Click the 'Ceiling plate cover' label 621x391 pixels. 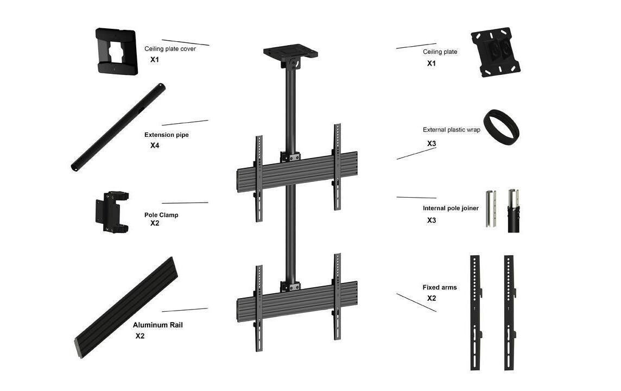click(x=170, y=49)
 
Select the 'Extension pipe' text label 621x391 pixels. click(x=166, y=135)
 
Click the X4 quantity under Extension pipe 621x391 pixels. click(x=155, y=146)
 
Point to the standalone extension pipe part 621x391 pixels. click(x=118, y=127)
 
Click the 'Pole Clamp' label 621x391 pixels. click(x=161, y=215)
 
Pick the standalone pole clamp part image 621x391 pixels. click(x=112, y=212)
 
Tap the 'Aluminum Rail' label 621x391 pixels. click(x=157, y=325)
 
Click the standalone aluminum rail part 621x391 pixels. click(x=126, y=307)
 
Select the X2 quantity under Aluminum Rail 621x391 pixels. click(x=140, y=336)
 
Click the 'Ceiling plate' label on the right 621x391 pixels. click(x=440, y=52)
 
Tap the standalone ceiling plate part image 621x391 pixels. click(x=496, y=52)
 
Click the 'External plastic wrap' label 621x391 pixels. click(x=451, y=130)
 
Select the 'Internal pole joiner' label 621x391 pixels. click(x=451, y=208)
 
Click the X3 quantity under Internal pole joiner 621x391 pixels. click(x=432, y=220)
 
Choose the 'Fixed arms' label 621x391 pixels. click(x=440, y=287)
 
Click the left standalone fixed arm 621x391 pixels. click(x=476, y=313)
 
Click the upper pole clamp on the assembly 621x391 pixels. click(x=290, y=156)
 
